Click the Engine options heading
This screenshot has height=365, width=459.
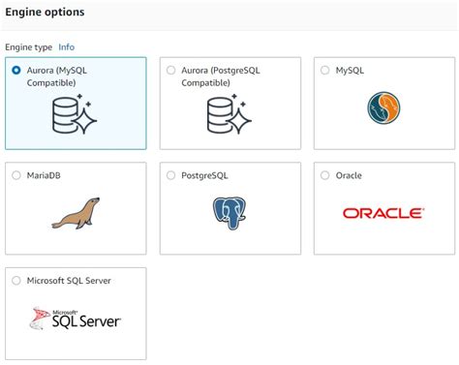tap(45, 13)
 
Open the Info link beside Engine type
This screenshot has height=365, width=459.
tap(66, 46)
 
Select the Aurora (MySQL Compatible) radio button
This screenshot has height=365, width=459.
tap(16, 71)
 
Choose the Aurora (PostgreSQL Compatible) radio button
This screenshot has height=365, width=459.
tap(171, 71)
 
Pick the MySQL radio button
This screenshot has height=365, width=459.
tap(325, 71)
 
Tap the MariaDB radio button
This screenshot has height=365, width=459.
tap(16, 176)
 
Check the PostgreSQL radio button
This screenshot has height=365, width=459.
tap(171, 176)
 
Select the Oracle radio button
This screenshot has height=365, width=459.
tap(325, 176)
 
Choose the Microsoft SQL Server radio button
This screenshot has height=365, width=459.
tap(16, 281)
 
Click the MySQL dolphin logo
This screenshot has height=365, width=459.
tap(383, 108)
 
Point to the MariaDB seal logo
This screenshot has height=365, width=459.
tap(76, 213)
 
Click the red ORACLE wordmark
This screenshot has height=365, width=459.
tap(382, 213)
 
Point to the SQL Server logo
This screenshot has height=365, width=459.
tap(76, 319)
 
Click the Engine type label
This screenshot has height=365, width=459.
tap(28, 46)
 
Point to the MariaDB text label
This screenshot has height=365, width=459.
tap(44, 176)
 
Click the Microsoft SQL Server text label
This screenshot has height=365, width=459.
tap(68, 281)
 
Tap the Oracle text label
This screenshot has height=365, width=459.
tap(348, 176)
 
